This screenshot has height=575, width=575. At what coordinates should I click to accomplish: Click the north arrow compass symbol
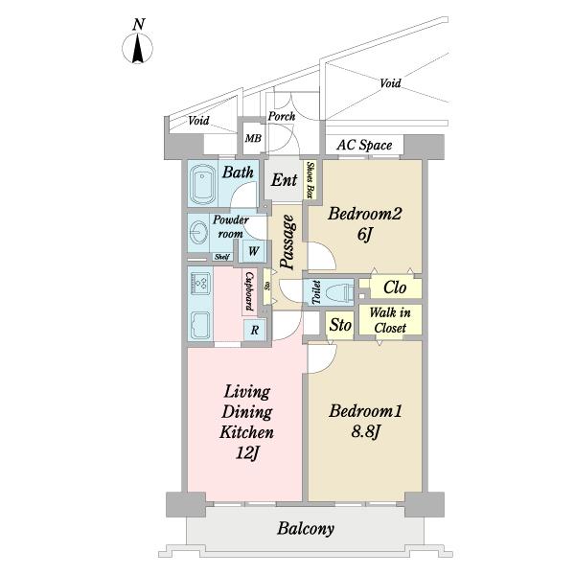coord(137,48)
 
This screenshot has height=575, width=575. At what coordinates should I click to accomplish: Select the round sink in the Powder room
coord(199,233)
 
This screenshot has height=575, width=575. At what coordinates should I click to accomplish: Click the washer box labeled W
coord(253,251)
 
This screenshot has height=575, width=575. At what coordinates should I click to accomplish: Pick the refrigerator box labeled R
coord(255,330)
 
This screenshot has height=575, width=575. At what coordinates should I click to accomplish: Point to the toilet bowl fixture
coord(336,292)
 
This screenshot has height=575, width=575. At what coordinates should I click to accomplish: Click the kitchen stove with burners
coord(200,282)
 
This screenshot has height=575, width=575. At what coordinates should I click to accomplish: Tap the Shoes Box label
coord(310,179)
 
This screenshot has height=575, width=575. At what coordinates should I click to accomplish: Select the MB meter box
coord(253,139)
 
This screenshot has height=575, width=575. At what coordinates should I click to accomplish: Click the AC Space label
coord(364,145)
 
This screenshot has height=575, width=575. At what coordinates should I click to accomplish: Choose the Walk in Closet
coord(390,320)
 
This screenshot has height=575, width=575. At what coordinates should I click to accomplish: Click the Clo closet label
coord(395,287)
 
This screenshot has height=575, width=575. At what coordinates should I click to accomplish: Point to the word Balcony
coord(306,528)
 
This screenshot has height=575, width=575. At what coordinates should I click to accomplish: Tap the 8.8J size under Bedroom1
coord(365,432)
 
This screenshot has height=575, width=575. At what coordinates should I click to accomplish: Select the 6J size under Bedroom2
coord(364,235)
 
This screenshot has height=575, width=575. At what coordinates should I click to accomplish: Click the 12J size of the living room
coord(247,453)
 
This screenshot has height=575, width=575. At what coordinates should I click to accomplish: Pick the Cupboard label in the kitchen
coord(249,291)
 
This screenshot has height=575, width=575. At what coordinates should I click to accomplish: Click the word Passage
coord(287,242)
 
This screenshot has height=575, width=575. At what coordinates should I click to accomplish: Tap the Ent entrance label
coord(285,180)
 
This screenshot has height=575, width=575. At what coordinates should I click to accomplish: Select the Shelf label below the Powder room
coord(222,257)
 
